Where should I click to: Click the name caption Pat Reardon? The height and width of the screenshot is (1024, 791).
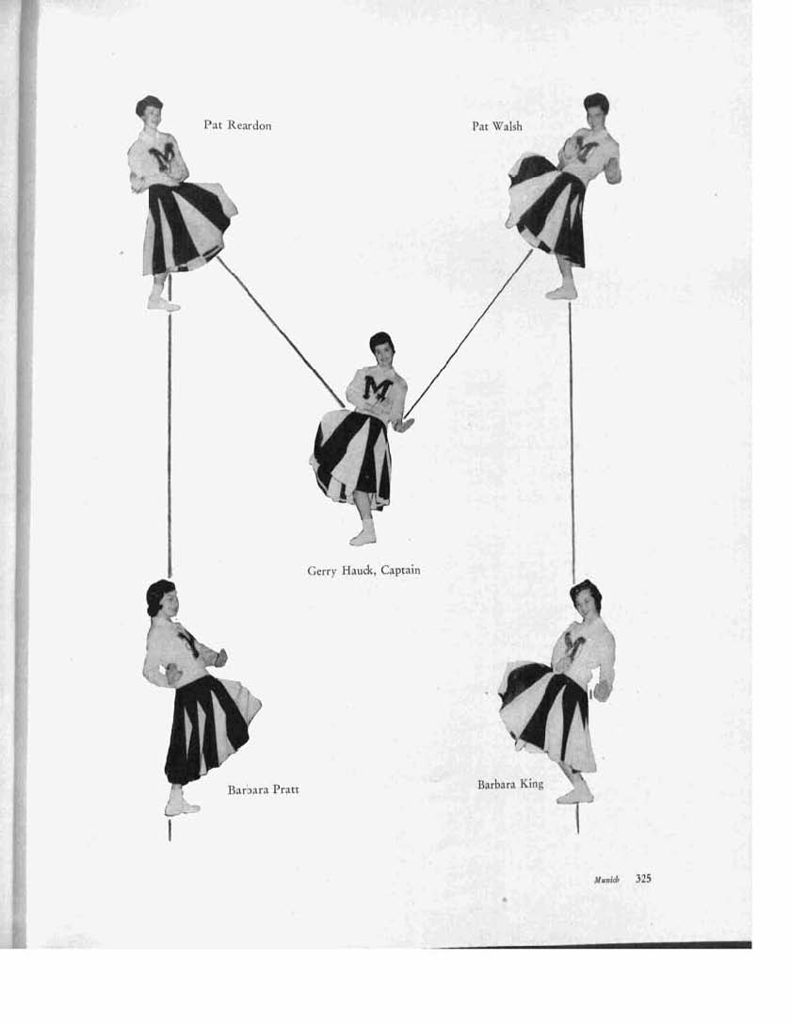(x=237, y=125)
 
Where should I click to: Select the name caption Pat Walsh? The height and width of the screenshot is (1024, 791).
(x=497, y=126)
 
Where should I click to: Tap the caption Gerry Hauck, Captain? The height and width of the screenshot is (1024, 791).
(x=363, y=570)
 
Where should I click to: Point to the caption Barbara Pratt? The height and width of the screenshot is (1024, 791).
(x=263, y=789)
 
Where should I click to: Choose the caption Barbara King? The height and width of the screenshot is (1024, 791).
(x=510, y=784)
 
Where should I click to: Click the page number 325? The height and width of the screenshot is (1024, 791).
(x=643, y=878)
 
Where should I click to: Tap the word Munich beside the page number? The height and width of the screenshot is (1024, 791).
(x=606, y=880)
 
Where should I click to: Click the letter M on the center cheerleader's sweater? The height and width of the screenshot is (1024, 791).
(x=378, y=387)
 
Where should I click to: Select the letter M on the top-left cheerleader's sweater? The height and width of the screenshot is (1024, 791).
(x=163, y=156)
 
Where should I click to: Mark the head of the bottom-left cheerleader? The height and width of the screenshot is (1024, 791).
(x=162, y=598)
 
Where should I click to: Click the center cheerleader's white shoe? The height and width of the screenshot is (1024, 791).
(x=363, y=537)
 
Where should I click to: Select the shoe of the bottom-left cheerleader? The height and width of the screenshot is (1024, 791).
(x=182, y=808)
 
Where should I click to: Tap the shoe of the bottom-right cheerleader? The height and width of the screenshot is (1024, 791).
(x=575, y=796)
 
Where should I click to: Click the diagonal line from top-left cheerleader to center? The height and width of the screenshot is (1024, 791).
(x=281, y=331)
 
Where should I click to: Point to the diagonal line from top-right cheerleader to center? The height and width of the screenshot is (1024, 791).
(x=469, y=333)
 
